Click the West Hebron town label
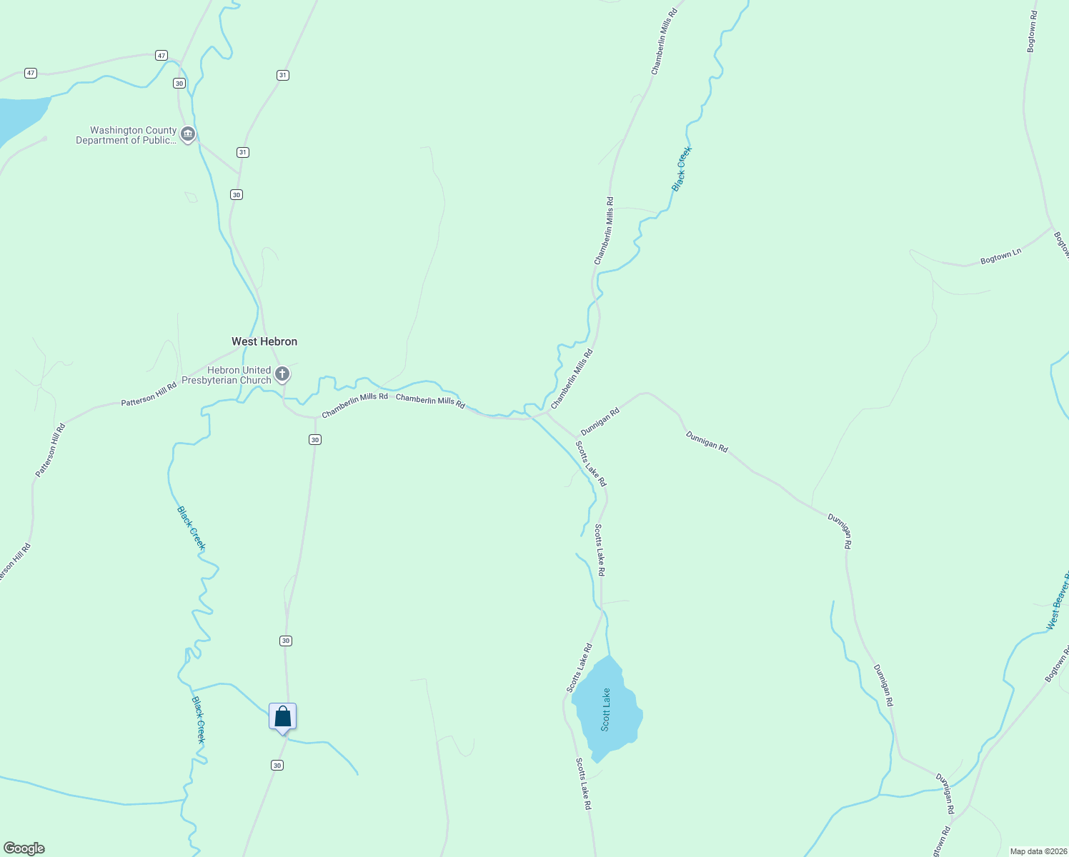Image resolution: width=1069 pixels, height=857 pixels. click(264, 341)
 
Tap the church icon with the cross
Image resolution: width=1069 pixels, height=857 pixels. click(282, 374)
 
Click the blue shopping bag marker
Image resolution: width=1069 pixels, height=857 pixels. click(282, 716)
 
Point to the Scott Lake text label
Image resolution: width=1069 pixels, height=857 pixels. click(606, 709)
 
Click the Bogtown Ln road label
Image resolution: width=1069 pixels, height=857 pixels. click(1000, 256)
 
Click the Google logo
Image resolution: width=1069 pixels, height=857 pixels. click(24, 848)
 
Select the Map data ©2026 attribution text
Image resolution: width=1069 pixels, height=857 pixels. click(1037, 851)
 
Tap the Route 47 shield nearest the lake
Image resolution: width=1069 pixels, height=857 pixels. click(30, 73)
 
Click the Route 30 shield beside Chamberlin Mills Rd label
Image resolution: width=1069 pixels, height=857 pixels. click(315, 439)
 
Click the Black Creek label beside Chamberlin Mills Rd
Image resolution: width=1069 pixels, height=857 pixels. click(682, 169)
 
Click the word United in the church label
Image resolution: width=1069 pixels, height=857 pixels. click(256, 370)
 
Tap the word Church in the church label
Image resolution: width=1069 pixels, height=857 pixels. click(255, 380)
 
